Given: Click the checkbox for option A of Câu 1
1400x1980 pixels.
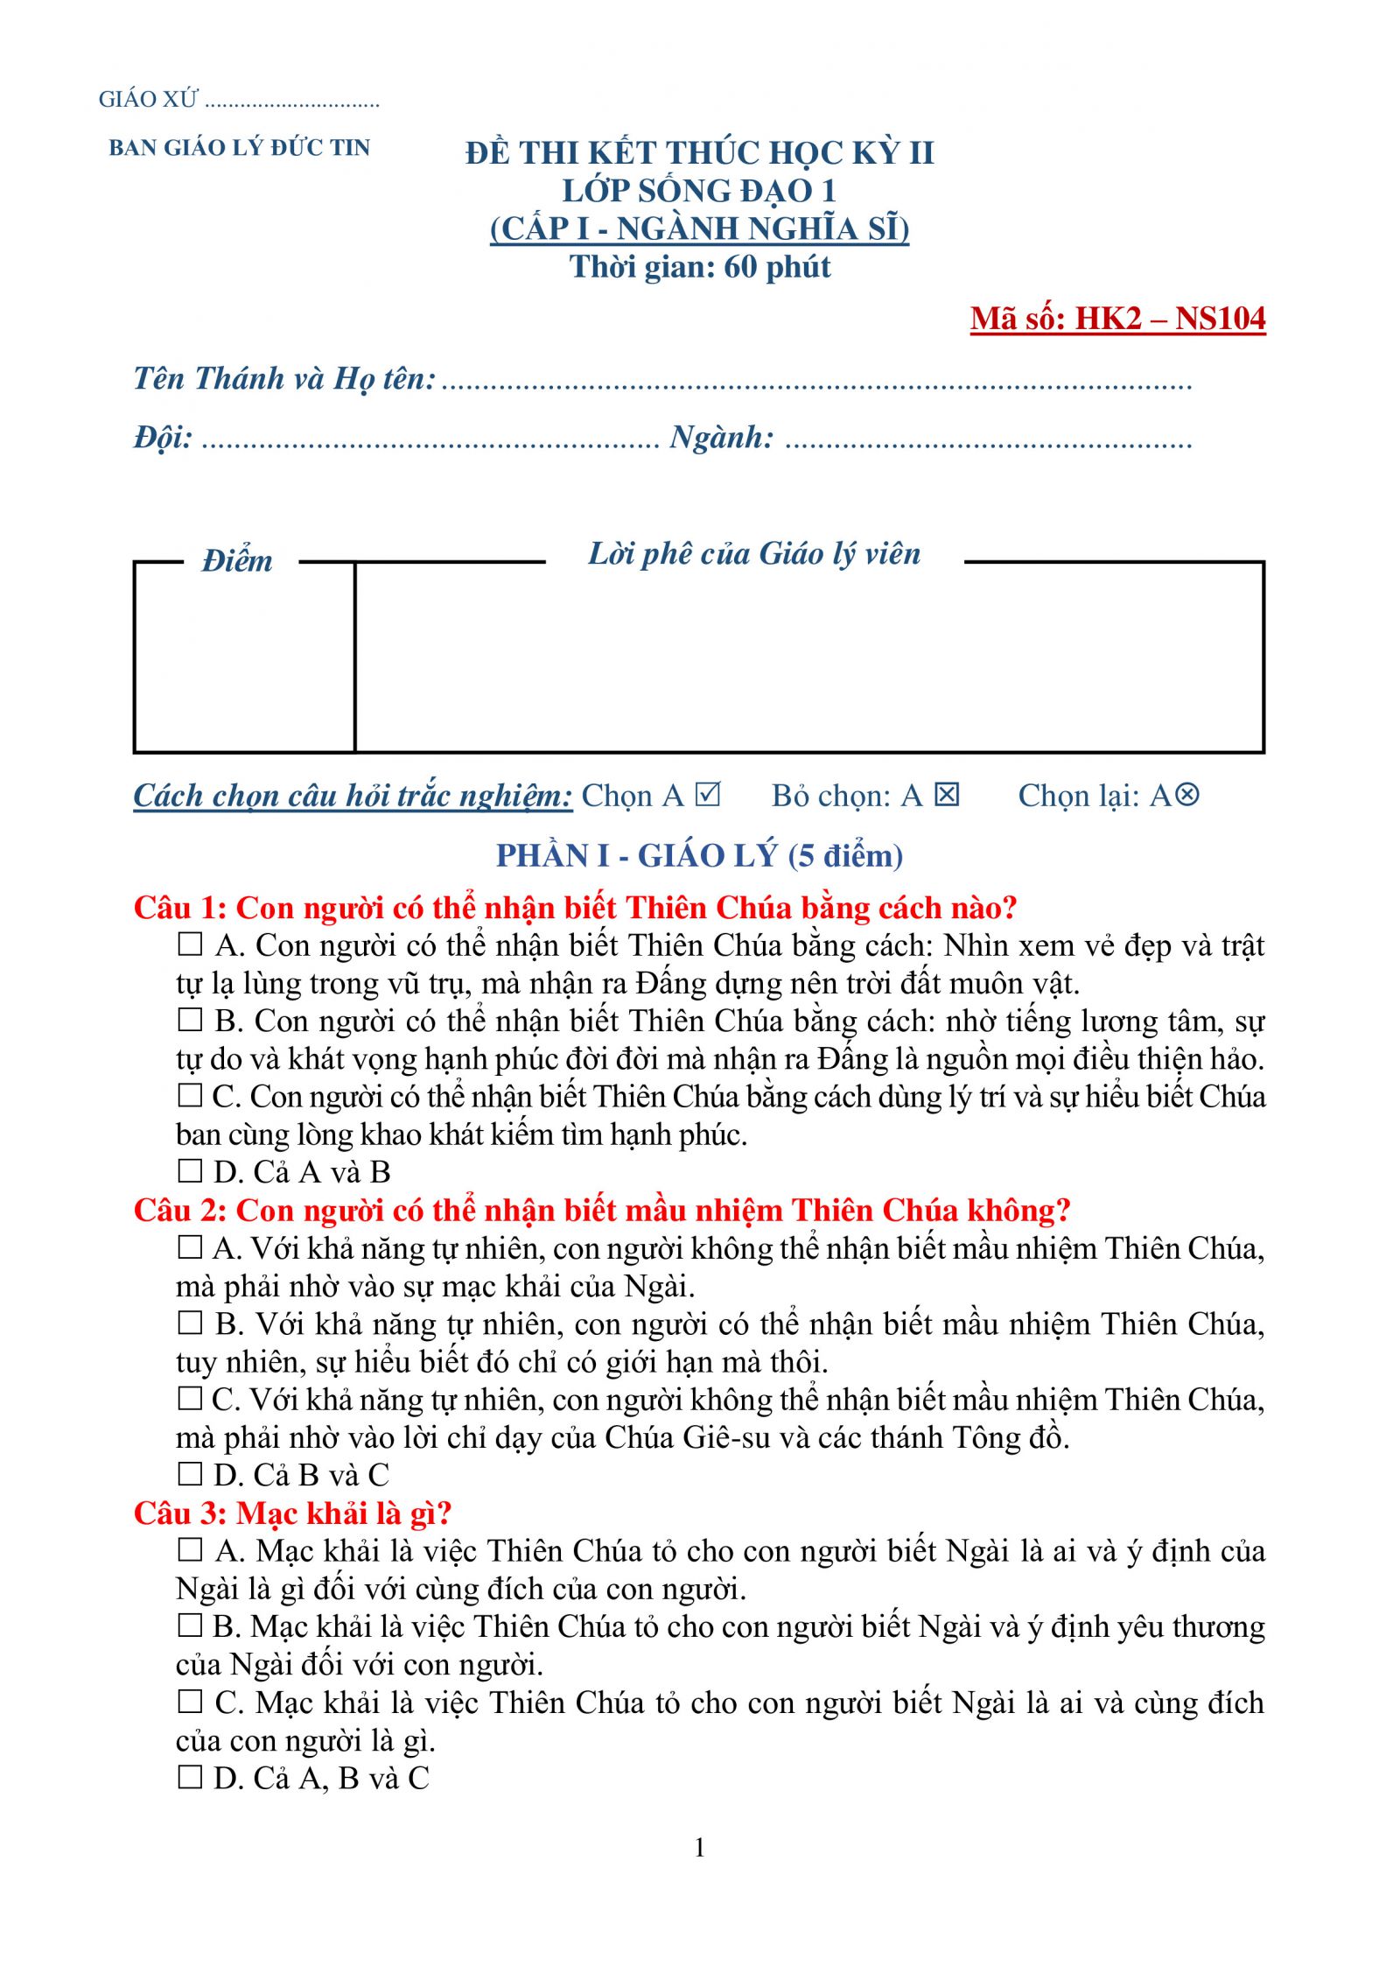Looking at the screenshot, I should pos(190,944).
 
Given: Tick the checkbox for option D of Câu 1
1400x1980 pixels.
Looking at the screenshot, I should pos(190,1171).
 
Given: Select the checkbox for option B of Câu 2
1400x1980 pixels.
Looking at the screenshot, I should pos(190,1323).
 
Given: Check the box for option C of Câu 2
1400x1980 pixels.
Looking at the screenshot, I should pos(190,1399).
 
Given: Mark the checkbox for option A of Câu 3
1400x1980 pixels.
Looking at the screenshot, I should pos(190,1550).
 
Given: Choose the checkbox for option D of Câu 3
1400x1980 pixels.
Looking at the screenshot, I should pos(190,1777).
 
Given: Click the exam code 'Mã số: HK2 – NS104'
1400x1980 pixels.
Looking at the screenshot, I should pos(1117,319).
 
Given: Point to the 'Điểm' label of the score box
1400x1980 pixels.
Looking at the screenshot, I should pos(237,561).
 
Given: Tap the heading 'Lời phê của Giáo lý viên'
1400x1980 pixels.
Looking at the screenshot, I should pos(754,554).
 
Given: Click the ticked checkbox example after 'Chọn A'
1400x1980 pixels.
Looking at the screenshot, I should pos(707,794).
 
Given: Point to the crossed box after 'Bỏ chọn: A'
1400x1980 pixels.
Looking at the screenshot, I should pos(947,794).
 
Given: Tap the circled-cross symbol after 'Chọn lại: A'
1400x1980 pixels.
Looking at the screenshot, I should pos(1186,794).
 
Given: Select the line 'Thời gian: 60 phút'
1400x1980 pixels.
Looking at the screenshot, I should pos(700,267).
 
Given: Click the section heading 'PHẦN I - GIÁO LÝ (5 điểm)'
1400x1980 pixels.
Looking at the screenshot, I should pos(699,855).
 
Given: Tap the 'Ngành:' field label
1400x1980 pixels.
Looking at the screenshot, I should pos(722,437).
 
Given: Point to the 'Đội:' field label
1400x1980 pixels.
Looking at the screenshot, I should pos(163,437).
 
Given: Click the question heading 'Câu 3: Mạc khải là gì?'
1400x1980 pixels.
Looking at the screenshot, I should pos(292,1513).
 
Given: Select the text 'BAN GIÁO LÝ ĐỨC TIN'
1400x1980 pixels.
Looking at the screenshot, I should pos(240,148).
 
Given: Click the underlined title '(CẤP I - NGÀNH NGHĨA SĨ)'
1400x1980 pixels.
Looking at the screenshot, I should pos(699,228).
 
